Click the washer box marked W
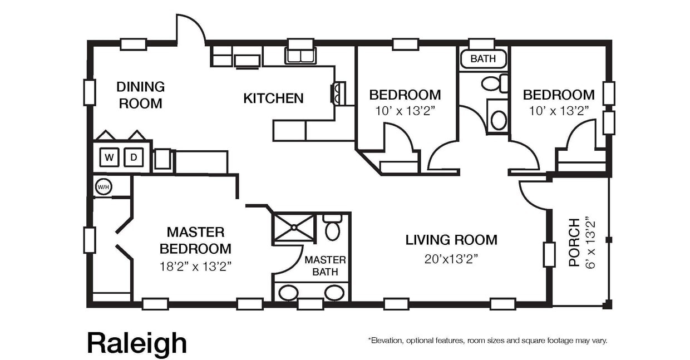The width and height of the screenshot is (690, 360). [110, 157]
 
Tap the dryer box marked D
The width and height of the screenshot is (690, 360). [134, 157]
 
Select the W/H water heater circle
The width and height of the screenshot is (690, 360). [103, 187]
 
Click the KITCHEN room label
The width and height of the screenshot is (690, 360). [273, 98]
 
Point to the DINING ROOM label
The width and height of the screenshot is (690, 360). [140, 95]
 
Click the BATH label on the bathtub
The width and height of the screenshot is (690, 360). [482, 58]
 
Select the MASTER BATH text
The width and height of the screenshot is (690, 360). [325, 265]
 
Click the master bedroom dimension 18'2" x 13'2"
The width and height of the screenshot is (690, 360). [195, 266]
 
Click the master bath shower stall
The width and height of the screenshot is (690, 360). [293, 227]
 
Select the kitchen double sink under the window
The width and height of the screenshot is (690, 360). [300, 56]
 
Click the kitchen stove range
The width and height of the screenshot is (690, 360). [338, 93]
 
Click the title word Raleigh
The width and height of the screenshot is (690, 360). [137, 343]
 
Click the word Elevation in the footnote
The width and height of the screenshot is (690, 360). [388, 340]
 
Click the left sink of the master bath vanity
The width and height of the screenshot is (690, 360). [288, 293]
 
